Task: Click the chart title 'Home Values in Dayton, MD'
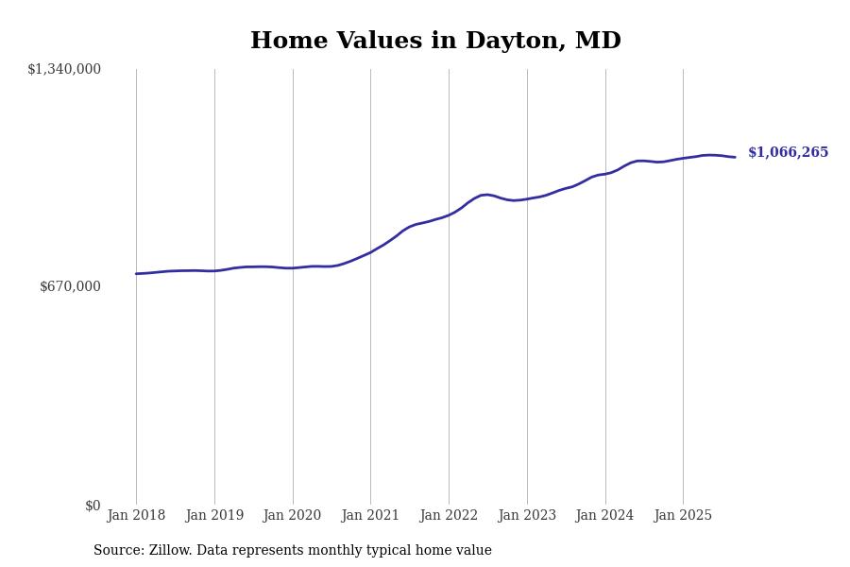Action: (x=435, y=42)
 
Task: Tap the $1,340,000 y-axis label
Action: (x=64, y=69)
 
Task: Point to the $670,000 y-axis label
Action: (x=70, y=286)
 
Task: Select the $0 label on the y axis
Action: (x=93, y=506)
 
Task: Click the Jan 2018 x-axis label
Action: (x=136, y=516)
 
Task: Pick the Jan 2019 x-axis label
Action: (x=214, y=516)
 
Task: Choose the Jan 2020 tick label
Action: (x=293, y=516)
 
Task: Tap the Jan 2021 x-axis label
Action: (x=370, y=516)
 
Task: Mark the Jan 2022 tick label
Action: (x=449, y=516)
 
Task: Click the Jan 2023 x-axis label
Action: (x=527, y=516)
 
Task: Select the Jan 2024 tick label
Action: (x=605, y=516)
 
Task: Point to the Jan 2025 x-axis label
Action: (x=683, y=516)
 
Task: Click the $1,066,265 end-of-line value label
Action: (x=788, y=153)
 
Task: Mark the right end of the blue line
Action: (x=735, y=157)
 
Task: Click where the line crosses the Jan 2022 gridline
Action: (x=449, y=215)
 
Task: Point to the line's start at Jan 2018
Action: (x=136, y=274)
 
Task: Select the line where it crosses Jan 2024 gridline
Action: (x=605, y=174)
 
